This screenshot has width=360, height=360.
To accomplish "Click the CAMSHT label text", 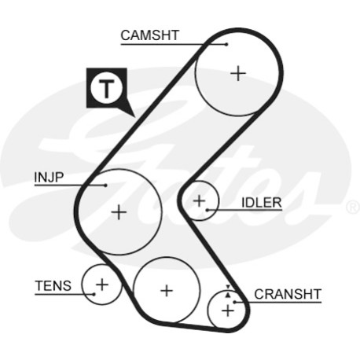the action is (149, 35).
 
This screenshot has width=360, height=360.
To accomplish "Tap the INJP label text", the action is (49, 178).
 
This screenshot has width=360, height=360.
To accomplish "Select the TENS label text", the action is (53, 285).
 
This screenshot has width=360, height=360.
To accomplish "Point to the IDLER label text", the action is (262, 203).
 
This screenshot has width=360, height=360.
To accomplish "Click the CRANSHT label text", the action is (288, 294).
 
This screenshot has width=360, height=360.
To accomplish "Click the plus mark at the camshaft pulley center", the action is (238, 73).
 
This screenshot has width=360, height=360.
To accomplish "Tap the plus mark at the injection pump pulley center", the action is (119, 212).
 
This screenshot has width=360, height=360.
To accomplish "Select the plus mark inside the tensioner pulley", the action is (102, 285).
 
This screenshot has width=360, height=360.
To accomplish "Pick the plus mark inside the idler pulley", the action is (200, 201).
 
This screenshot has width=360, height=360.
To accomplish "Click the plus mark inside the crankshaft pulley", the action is (228, 310).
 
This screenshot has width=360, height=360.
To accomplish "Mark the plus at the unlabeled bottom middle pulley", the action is (167, 291).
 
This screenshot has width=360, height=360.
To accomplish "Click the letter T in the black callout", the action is (106, 88).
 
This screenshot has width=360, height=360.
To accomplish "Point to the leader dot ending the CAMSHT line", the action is (226, 44).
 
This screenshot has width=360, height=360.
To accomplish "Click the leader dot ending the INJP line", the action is (105, 186).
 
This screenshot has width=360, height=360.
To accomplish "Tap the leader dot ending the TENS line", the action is (94, 294).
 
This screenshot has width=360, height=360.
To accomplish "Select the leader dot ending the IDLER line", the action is (207, 210).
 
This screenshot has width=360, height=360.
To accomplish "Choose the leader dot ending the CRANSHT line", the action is (235, 302).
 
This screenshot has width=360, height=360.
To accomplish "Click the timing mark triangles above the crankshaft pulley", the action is (228, 291).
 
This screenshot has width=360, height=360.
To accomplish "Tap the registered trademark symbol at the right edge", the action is (353, 207).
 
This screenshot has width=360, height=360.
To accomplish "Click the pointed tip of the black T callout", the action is (134, 116).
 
